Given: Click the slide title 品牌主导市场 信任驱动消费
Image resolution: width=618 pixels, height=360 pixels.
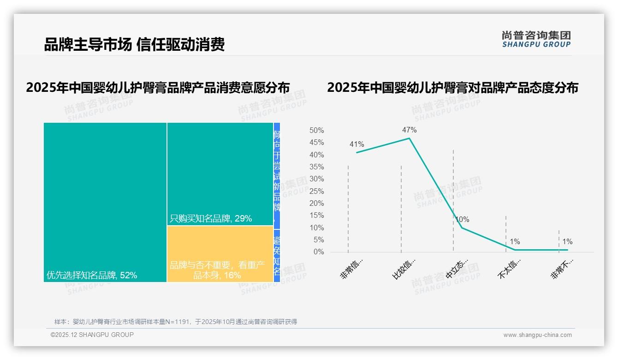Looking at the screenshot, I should click(x=134, y=45).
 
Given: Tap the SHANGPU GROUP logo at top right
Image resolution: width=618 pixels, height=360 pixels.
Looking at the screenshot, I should click(x=536, y=39).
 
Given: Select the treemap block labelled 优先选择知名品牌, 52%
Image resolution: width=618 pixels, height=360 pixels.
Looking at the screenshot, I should click(x=105, y=202).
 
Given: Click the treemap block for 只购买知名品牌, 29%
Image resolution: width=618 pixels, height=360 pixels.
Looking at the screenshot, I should click(x=220, y=174).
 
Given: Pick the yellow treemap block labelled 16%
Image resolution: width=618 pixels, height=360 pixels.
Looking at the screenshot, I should click(x=220, y=254).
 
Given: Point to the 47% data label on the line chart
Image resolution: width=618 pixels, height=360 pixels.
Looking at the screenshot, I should click(x=409, y=130).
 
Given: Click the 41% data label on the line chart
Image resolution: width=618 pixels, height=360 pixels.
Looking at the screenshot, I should click(x=357, y=144).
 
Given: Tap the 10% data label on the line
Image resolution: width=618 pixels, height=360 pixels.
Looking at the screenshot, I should click(x=462, y=219).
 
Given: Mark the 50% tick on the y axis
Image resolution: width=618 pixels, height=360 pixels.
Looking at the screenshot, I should click(x=316, y=131).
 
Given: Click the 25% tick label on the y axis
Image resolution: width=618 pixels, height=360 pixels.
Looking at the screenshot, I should click(x=316, y=191).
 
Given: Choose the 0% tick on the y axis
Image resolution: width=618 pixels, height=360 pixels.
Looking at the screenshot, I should click(x=318, y=252).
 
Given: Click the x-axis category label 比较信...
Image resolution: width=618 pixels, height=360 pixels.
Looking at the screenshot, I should click(x=404, y=269).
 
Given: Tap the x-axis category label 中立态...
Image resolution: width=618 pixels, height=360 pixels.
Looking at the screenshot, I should click(x=457, y=269).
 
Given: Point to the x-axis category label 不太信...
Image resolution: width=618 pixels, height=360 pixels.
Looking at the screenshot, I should click(x=509, y=269).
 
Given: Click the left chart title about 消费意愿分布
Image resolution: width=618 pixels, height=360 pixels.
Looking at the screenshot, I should click(x=158, y=88).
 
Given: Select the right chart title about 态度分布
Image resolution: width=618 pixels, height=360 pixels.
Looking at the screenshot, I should click(x=452, y=88).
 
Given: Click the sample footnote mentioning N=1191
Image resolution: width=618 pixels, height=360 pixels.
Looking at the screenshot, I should click(x=176, y=322).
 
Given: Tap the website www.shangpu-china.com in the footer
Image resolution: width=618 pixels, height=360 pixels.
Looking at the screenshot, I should click(x=537, y=335).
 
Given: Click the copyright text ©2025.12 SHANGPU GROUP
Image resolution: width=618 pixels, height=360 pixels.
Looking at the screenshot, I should click(x=92, y=335).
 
